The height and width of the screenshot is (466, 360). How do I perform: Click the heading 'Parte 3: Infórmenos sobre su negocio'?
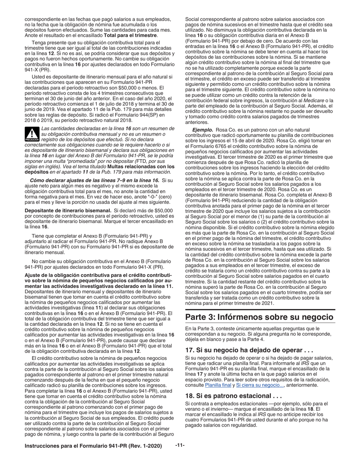[260, 317]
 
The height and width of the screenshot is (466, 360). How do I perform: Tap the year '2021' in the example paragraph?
[266, 303]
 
